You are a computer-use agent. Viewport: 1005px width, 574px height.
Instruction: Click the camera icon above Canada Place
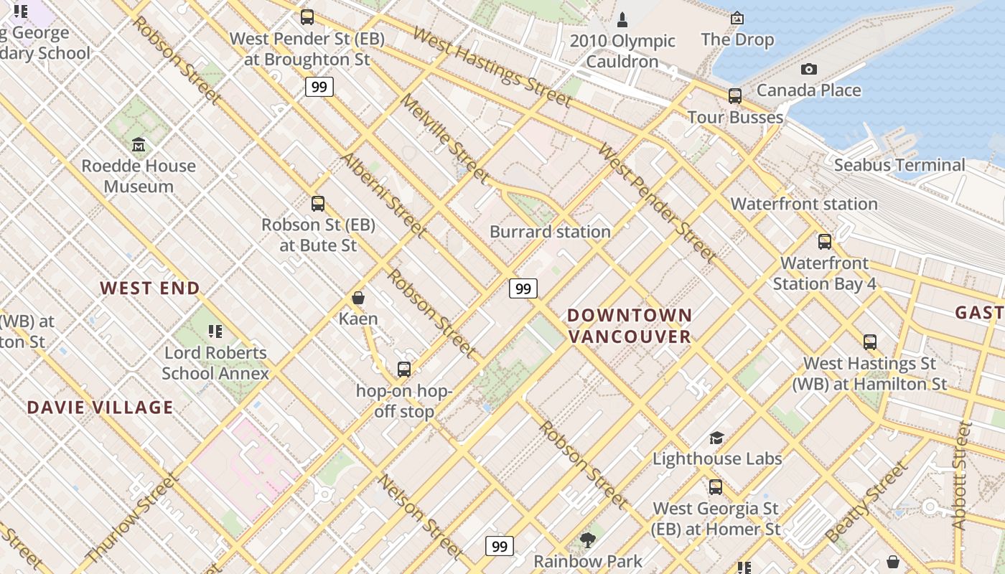[x=809, y=69]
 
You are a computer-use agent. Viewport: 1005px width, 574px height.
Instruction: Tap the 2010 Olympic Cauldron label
[x=622, y=51]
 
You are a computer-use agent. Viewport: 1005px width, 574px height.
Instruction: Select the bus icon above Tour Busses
[x=735, y=95]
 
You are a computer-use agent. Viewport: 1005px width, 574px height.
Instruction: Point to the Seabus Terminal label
[x=899, y=165]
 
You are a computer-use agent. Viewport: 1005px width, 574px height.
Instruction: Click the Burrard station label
[x=550, y=232]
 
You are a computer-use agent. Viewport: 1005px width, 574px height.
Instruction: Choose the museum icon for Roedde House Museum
[x=139, y=145]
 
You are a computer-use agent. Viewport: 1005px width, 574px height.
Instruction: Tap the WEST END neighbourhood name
[x=150, y=288]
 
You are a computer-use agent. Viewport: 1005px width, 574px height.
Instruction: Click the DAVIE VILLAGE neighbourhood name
[x=100, y=408]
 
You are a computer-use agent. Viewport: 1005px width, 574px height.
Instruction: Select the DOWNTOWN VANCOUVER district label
[x=630, y=326]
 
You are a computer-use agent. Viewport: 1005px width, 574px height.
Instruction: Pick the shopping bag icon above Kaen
[x=358, y=298]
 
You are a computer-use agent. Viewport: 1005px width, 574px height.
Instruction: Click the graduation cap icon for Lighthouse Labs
[x=716, y=438]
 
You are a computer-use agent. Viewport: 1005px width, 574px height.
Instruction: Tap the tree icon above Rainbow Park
[x=588, y=540]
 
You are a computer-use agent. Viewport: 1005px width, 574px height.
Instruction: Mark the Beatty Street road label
[x=866, y=503]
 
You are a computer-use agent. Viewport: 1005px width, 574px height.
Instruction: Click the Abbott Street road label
[x=962, y=475]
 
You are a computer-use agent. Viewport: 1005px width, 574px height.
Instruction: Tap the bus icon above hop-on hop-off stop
[x=404, y=370]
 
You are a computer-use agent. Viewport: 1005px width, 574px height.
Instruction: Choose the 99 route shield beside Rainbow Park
[x=500, y=546]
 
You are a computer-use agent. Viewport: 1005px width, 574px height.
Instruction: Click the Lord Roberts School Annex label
[x=215, y=363]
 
